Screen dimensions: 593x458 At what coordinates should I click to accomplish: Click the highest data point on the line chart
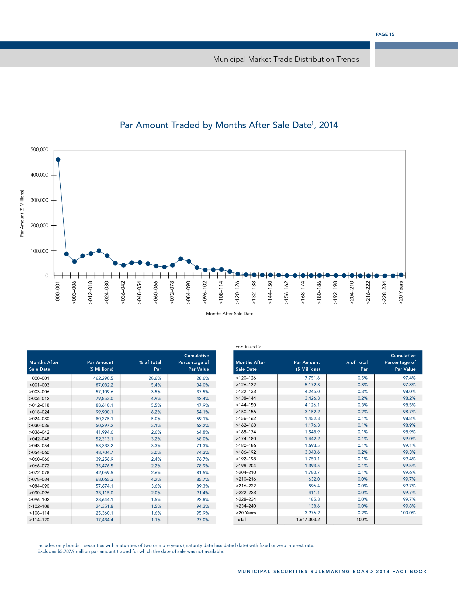[x=58, y=160]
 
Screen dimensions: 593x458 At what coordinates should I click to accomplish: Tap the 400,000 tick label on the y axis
[x=39, y=175]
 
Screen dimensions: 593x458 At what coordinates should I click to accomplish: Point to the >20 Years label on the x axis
[x=401, y=292]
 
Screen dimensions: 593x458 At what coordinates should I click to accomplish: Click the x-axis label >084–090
[x=188, y=292]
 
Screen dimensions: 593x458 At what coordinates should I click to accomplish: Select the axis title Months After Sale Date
[x=230, y=313]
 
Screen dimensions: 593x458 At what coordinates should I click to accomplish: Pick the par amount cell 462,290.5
[x=103, y=378]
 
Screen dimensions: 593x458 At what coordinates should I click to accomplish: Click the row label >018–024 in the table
[x=39, y=412]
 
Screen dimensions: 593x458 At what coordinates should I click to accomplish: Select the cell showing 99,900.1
[x=105, y=412]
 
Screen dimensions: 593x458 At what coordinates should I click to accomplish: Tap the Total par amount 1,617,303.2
[x=308, y=519]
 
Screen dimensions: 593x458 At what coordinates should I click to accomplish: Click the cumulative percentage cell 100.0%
[x=408, y=513]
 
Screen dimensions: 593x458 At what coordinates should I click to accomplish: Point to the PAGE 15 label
[x=385, y=34]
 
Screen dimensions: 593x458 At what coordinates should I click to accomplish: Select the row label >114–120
[x=39, y=520]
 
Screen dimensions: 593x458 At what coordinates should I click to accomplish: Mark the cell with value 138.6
[x=314, y=506]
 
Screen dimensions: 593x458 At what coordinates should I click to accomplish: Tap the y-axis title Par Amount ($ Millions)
[x=22, y=213]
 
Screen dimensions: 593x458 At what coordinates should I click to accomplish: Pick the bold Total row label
[x=241, y=519]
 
